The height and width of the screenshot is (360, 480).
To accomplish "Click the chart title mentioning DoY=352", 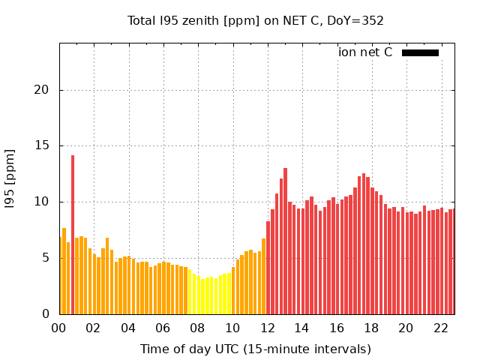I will pyautogui.click(x=255, y=21).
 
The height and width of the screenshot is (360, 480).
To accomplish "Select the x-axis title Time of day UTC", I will pyautogui.click(x=255, y=349).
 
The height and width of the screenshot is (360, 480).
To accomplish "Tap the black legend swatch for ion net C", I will pyautogui.click(x=420, y=52).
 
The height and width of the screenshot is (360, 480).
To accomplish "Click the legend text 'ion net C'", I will pyautogui.click(x=365, y=52).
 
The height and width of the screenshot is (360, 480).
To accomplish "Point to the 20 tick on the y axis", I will pyautogui.click(x=45, y=90).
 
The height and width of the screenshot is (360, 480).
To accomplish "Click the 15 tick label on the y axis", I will pyautogui.click(x=45, y=146).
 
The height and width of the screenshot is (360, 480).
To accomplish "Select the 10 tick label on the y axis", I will pyautogui.click(x=45, y=202).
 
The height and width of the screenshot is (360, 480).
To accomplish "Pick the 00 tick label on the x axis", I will pyautogui.click(x=59, y=328).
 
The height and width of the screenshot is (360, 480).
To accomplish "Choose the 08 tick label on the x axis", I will pyautogui.click(x=197, y=328).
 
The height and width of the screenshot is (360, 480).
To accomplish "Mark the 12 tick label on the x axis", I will pyautogui.click(x=267, y=328).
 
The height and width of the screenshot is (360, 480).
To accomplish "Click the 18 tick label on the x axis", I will pyautogui.click(x=371, y=328).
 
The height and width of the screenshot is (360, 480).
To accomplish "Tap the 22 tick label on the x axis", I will pyautogui.click(x=440, y=328).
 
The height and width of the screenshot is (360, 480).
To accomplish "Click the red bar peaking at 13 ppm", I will pyautogui.click(x=285, y=240).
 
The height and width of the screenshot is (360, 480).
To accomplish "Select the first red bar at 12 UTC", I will pyautogui.click(x=268, y=267).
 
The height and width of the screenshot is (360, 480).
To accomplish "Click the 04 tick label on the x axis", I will pyautogui.click(x=128, y=328).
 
